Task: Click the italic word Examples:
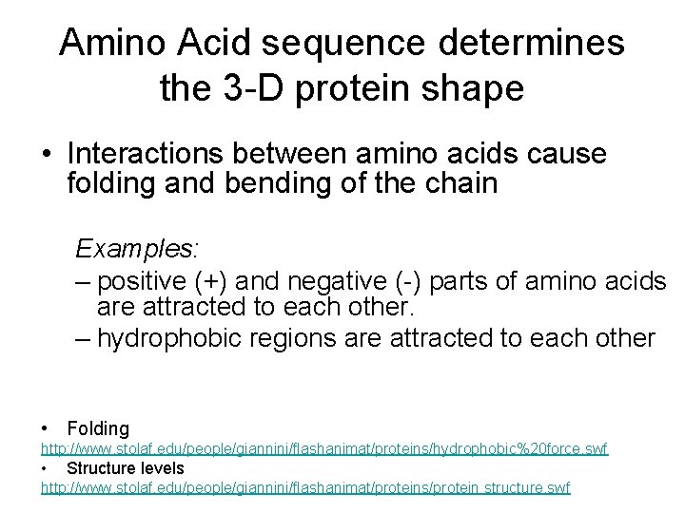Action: tap(137, 249)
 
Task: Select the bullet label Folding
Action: tap(98, 428)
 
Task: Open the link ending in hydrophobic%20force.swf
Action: tap(323, 447)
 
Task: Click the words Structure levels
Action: tap(126, 467)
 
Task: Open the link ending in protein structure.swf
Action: tap(305, 487)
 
